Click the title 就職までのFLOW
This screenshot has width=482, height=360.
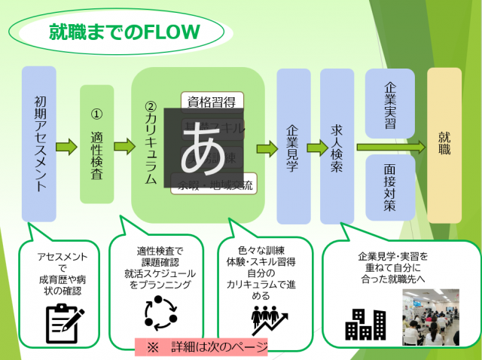click(x=124, y=32)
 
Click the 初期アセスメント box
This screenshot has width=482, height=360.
click(x=39, y=144)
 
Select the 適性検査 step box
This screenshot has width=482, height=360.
click(x=96, y=144)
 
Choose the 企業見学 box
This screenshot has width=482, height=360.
click(x=294, y=146)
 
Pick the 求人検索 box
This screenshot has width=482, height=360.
click(x=337, y=146)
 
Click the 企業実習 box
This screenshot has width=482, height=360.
click(x=389, y=103)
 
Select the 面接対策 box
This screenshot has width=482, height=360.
click(x=389, y=188)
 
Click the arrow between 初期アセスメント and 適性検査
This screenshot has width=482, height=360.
click(x=68, y=145)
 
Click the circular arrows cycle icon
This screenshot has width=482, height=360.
click(x=159, y=310)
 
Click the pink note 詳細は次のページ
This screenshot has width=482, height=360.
click(x=201, y=346)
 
